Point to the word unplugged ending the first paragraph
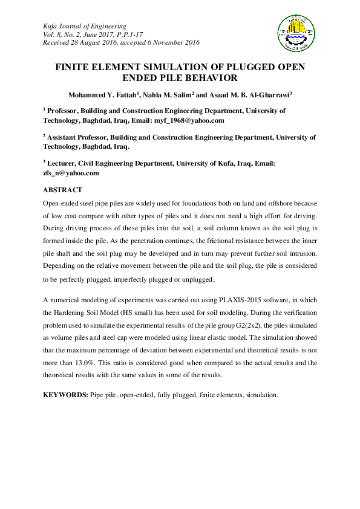coord(195,280)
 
